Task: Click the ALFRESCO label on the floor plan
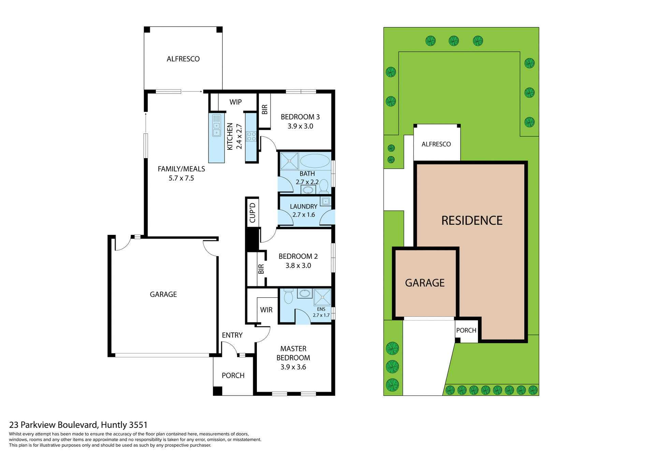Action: point(183,59)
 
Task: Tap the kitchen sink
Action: point(217,126)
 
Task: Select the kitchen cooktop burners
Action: point(251,136)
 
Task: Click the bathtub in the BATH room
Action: point(315,161)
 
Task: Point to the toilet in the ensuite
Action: point(289,297)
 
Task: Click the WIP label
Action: point(235,102)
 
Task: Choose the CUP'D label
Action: point(252,212)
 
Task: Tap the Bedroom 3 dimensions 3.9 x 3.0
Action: point(300,126)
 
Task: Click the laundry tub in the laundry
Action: point(325,201)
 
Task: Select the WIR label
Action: point(266,310)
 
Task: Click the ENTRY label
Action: point(232,335)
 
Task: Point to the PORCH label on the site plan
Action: point(466,330)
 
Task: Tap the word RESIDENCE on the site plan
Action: point(472,221)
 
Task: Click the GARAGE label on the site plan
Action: point(425,283)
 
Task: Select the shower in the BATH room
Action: point(289,161)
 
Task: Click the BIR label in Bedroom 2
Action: point(261,269)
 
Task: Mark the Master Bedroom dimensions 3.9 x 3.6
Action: point(293,367)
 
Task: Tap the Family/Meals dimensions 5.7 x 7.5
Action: point(181,178)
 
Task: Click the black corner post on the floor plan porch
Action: point(218,391)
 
